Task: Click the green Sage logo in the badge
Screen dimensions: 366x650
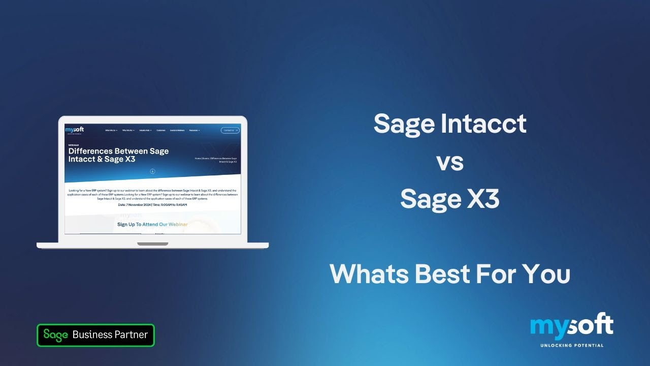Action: pos(56,335)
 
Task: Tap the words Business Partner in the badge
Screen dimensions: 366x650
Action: pos(110,335)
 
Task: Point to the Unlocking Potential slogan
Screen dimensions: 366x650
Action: pos(571,346)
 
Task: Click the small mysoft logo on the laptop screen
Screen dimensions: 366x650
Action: pos(75,130)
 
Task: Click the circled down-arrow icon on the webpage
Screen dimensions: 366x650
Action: pos(152,171)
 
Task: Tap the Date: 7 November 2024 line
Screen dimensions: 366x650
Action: pos(152,205)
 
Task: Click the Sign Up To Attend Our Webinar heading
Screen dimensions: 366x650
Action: pos(152,224)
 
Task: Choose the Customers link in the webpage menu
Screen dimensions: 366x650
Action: pos(160,131)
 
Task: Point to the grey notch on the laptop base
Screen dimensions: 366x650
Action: pos(152,244)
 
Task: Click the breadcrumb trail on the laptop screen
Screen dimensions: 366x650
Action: pos(216,160)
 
